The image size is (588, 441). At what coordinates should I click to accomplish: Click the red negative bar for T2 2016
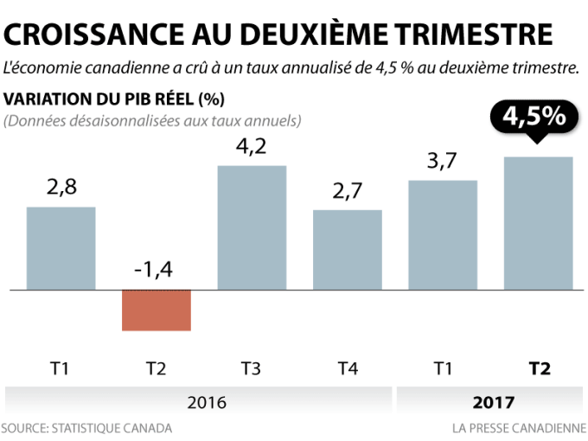(x=157, y=310)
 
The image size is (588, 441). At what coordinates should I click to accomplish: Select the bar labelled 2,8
(x=61, y=248)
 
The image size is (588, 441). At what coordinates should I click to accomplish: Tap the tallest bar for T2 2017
(x=538, y=223)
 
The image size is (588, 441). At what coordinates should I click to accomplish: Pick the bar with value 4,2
(x=252, y=227)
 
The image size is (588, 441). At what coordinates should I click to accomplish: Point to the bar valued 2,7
(x=347, y=249)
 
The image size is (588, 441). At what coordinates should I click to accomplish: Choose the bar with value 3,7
(x=443, y=234)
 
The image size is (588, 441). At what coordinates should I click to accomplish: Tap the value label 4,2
(x=251, y=146)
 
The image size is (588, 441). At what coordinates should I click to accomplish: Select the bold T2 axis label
(x=540, y=369)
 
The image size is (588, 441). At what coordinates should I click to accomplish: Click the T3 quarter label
(x=251, y=369)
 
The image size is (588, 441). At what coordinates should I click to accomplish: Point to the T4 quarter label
(x=348, y=369)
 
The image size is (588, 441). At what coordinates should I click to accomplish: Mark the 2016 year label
(x=207, y=402)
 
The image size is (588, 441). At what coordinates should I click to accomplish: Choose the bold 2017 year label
(x=494, y=402)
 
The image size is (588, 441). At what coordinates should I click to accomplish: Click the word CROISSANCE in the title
(x=94, y=34)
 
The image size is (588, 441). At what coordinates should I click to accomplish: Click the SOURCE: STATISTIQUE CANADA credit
(x=86, y=428)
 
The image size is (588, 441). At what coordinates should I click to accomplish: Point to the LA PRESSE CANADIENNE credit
(x=519, y=428)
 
